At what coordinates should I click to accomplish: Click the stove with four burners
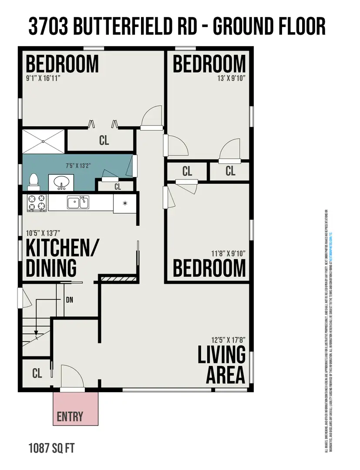click(x=37, y=203)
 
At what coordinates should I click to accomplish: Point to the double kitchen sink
click(x=78, y=202)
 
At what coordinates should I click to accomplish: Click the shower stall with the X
click(x=44, y=141)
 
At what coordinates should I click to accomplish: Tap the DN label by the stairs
click(x=69, y=300)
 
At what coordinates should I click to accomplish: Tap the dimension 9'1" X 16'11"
click(x=43, y=78)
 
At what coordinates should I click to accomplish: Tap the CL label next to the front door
click(x=37, y=373)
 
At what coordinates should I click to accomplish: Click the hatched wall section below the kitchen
click(x=118, y=278)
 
